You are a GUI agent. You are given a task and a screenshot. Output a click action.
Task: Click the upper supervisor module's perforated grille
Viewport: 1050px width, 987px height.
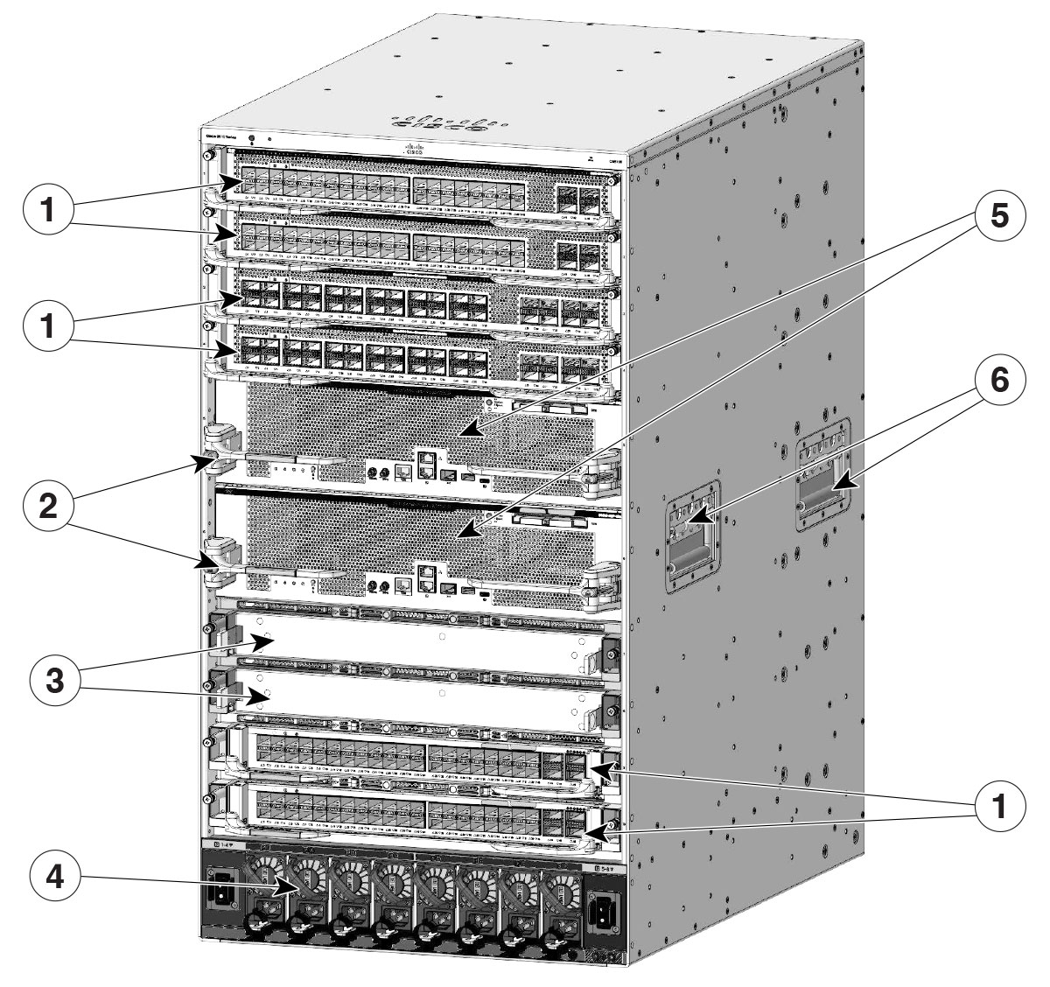367,420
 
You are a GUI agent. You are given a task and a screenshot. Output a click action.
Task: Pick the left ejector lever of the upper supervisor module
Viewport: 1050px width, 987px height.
219,446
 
